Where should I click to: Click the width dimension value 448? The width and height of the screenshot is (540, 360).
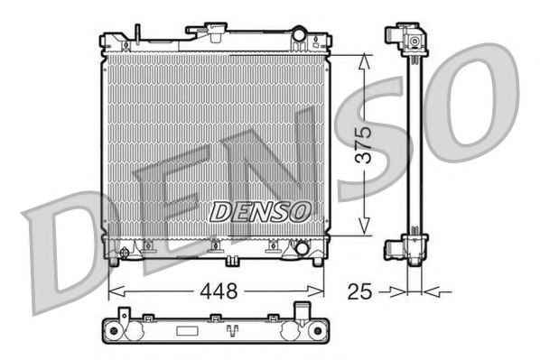(x=219, y=291)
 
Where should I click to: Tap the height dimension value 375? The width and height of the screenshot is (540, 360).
(x=364, y=145)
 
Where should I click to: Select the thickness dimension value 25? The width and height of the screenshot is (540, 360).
(x=360, y=291)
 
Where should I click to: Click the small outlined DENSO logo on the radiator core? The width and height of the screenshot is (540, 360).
(x=260, y=212)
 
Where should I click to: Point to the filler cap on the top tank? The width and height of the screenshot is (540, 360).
(x=206, y=28)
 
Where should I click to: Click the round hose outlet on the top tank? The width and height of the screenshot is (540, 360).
(x=299, y=34)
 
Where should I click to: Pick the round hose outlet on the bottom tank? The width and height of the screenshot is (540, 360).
(x=302, y=248)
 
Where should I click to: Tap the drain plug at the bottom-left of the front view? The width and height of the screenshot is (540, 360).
(x=124, y=253)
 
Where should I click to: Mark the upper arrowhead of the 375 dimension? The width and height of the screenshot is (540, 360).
(x=364, y=62)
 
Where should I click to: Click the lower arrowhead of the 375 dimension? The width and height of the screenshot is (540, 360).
(x=364, y=227)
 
